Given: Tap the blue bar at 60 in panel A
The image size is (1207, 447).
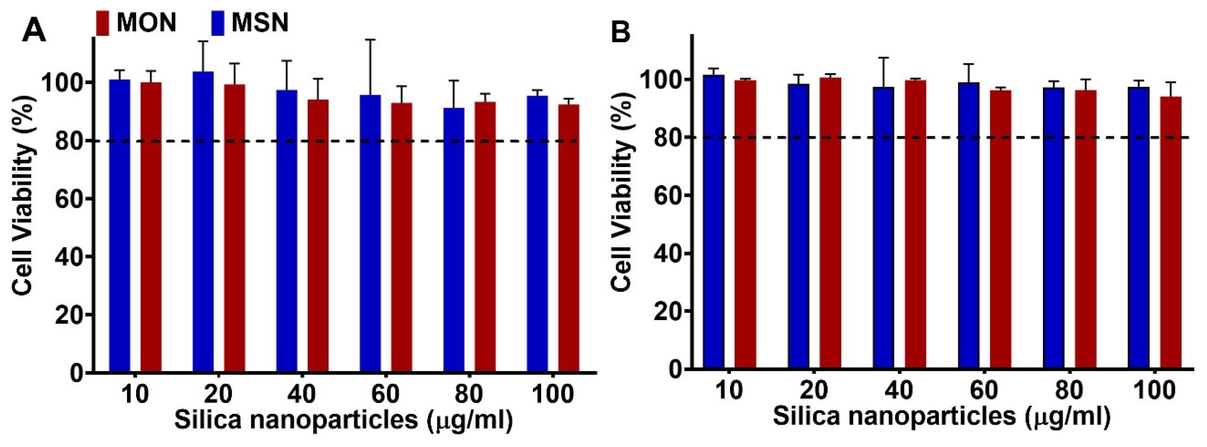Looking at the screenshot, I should click(x=370, y=234).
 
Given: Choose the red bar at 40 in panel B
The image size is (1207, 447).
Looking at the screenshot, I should click(x=916, y=225).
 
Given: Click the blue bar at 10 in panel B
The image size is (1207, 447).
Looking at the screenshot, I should click(x=714, y=222).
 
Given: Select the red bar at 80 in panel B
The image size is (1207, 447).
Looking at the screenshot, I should click(x=1086, y=229).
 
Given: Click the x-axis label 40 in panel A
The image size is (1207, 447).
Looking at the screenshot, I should click(x=301, y=394).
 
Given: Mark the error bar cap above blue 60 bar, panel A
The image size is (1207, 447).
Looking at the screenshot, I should click(x=370, y=39).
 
